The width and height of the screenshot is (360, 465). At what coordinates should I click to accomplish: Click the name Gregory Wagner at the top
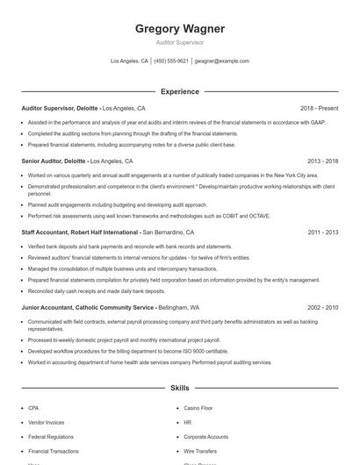pos(179,29)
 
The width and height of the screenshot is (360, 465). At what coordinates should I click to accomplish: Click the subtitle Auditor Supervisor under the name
pos(179,42)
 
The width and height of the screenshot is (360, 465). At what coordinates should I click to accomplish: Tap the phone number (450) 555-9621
pos(171,61)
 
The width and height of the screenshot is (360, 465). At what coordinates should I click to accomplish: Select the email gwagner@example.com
pos(221,61)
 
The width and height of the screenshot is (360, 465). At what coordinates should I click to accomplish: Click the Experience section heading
pos(179,91)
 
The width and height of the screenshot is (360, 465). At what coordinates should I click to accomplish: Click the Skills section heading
pos(179,387)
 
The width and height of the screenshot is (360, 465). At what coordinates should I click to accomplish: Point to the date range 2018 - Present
pos(319,108)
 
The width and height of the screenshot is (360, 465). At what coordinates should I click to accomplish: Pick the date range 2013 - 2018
pos(323,161)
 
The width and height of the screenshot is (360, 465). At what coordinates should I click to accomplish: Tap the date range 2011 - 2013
pos(323,232)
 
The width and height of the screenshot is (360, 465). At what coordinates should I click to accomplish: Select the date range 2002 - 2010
pos(323,308)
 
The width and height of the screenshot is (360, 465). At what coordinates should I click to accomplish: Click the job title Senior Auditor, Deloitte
pos(54,161)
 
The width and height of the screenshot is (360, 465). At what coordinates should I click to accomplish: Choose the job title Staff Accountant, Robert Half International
pos(80,232)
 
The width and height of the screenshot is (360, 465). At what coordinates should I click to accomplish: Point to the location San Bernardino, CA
pos(176,232)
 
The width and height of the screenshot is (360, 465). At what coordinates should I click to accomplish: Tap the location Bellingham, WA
pos(179,308)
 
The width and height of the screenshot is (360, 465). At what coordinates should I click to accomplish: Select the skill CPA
pos(33,408)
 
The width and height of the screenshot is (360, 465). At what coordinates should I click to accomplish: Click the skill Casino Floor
pos(198,408)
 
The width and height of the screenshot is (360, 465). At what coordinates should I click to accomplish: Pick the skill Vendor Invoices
pos(46,422)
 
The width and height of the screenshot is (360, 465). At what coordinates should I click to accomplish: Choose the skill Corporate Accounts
pos(205,436)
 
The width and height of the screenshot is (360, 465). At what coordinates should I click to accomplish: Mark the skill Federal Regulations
pos(50,436)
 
